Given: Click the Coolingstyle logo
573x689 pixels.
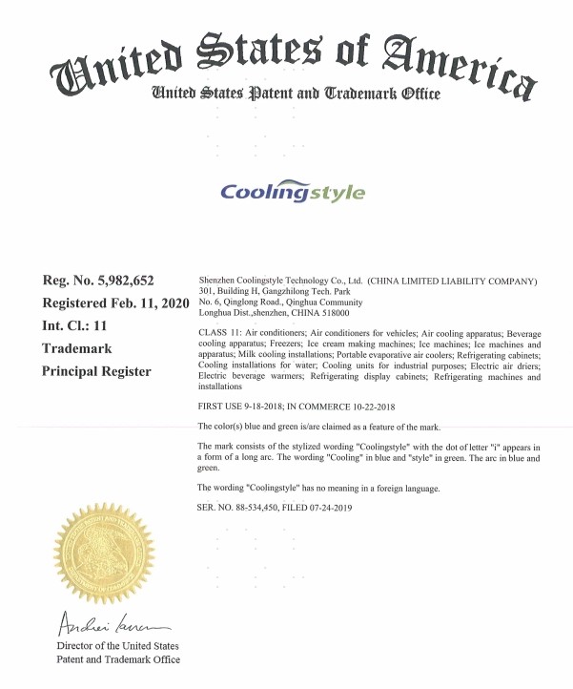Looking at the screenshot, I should tap(293, 192).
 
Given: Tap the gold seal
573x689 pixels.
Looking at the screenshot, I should tap(103, 553).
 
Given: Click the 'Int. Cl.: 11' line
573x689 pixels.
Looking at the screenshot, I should tap(80, 325).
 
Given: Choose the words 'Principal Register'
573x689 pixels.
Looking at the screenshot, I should tap(96, 371).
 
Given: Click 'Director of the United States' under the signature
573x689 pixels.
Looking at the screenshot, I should tap(112, 647).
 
